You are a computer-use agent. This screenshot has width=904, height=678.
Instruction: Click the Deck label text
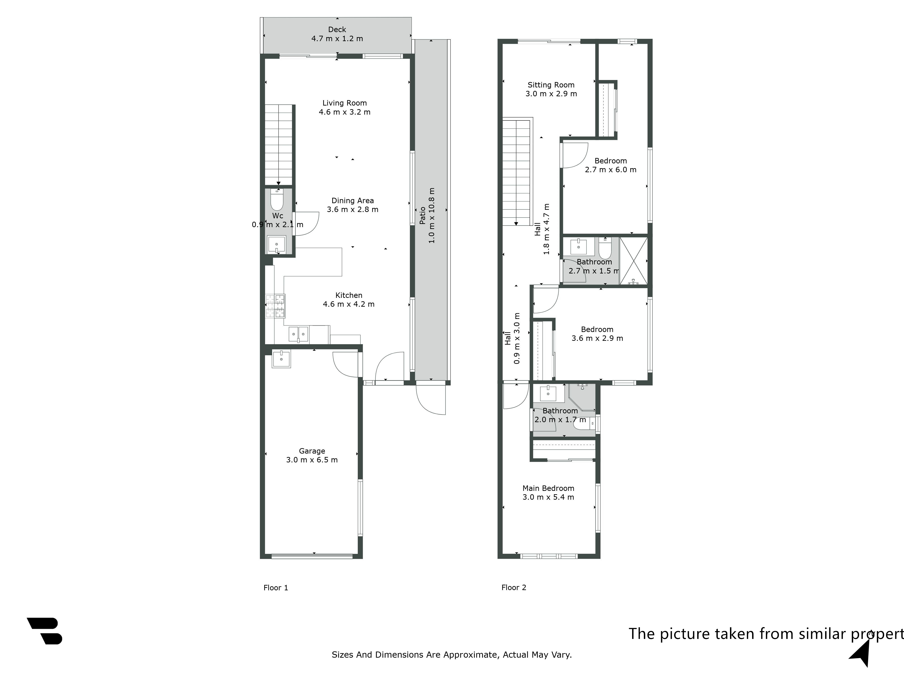(337, 29)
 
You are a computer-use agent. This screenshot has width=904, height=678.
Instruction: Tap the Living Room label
(344, 103)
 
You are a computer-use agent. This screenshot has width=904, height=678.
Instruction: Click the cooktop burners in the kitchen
(275, 306)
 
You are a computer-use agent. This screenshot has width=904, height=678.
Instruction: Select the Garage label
(312, 451)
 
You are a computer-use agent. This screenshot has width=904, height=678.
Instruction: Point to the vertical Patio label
(423, 215)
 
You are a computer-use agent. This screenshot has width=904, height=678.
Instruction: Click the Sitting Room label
(551, 85)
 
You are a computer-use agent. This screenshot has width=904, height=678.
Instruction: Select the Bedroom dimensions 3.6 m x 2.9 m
(597, 338)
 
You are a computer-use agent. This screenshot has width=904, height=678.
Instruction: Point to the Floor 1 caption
(276, 588)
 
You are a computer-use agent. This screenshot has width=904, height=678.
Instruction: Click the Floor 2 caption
(514, 587)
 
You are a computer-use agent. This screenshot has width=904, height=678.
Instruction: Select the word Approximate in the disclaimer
(470, 655)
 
